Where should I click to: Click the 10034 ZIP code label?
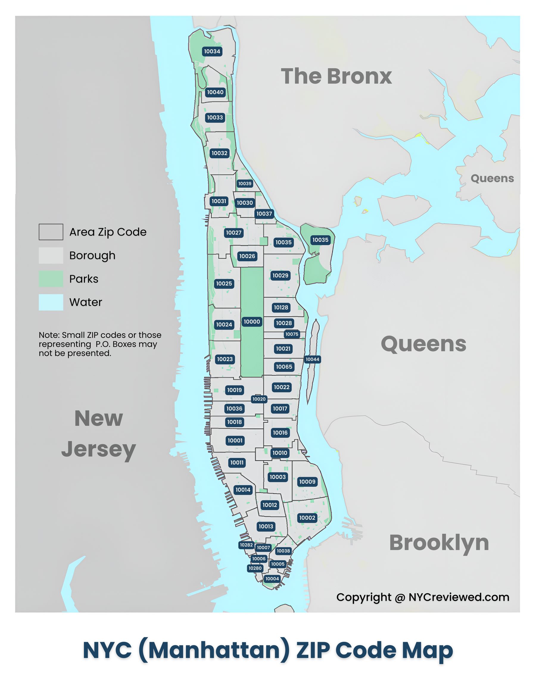click(212, 51)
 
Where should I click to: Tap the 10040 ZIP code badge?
click(215, 92)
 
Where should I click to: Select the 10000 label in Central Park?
click(252, 322)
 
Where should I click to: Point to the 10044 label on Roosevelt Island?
click(312, 359)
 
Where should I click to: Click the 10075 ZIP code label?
click(292, 334)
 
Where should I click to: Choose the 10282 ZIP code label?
click(246, 545)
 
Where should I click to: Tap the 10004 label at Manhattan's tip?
click(272, 578)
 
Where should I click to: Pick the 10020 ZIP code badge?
click(259, 399)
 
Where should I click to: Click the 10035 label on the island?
click(320, 240)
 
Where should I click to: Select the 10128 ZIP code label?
click(281, 308)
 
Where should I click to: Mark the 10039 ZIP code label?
click(245, 183)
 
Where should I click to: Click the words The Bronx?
click(336, 77)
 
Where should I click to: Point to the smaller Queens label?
click(492, 178)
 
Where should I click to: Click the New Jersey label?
click(99, 433)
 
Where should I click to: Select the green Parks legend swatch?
click(51, 279)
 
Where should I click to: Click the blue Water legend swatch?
click(51, 302)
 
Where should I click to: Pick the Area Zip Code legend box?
click(51, 232)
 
